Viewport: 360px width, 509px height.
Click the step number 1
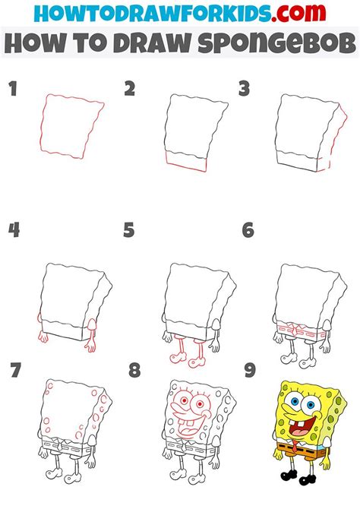(12, 90)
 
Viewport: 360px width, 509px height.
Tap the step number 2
(130, 90)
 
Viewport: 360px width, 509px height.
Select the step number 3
(244, 90)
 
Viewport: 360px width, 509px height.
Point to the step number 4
(13, 229)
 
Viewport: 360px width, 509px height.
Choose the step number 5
(129, 229)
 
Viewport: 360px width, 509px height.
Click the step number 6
(248, 229)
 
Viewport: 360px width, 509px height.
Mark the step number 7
(13, 371)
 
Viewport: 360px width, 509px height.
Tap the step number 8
(134, 371)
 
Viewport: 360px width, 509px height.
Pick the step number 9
(248, 371)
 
